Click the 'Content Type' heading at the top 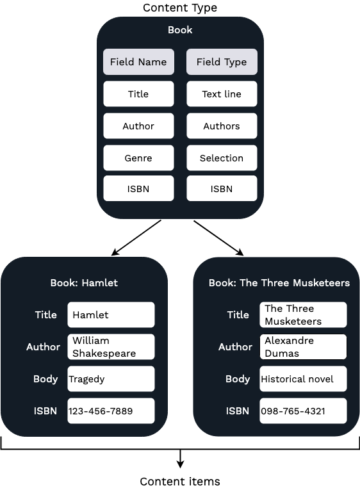[x=179, y=8]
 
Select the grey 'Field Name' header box [x=138, y=62]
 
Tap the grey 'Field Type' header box [x=222, y=62]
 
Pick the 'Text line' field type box [x=222, y=94]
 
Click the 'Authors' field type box [x=222, y=126]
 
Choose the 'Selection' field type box [x=222, y=158]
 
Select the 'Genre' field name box [x=138, y=158]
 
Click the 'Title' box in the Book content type [x=138, y=94]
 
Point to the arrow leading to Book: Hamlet [x=136, y=238]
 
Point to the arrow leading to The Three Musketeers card [x=218, y=238]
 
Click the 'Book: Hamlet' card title [x=84, y=282]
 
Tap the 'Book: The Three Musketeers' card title [x=279, y=282]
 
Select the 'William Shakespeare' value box [x=111, y=347]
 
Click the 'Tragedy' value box [x=111, y=379]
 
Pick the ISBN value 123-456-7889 [x=111, y=411]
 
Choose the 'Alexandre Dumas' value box [x=303, y=347]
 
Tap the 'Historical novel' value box [x=303, y=379]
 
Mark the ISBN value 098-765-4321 [x=303, y=411]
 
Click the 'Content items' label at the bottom [x=179, y=481]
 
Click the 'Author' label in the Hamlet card [x=43, y=347]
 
